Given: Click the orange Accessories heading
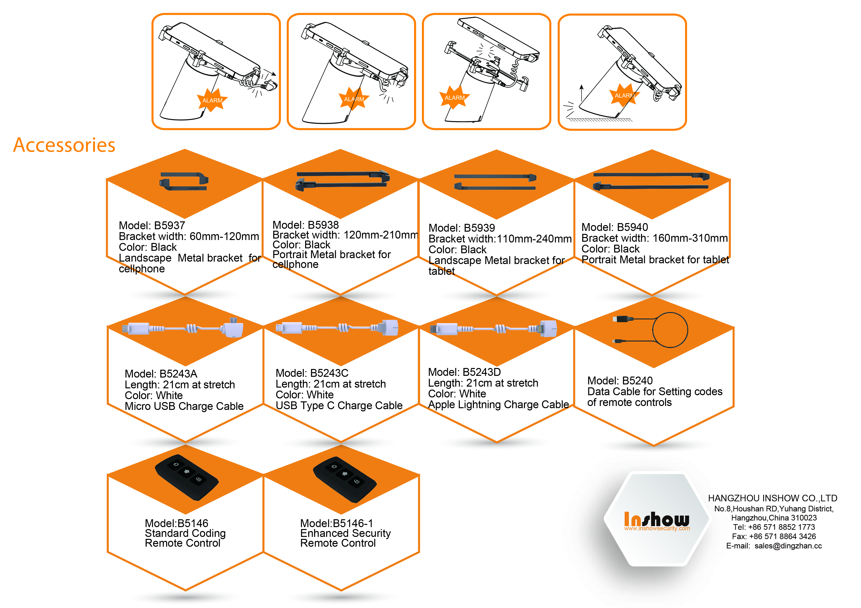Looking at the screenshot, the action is pyautogui.click(x=64, y=145).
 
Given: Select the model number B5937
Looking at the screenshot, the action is pyautogui.click(x=170, y=226).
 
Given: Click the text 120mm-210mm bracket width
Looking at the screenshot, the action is pyautogui.click(x=381, y=235).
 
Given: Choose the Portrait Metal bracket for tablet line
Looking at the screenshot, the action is pyautogui.click(x=655, y=260).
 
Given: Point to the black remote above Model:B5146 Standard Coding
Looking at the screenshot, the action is pyautogui.click(x=186, y=477).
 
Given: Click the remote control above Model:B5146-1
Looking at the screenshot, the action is pyautogui.click(x=345, y=480).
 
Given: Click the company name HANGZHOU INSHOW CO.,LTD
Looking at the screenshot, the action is pyautogui.click(x=772, y=498).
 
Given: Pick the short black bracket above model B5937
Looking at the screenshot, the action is pyautogui.click(x=184, y=181).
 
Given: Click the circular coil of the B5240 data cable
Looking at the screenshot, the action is pyautogui.click(x=670, y=330).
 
